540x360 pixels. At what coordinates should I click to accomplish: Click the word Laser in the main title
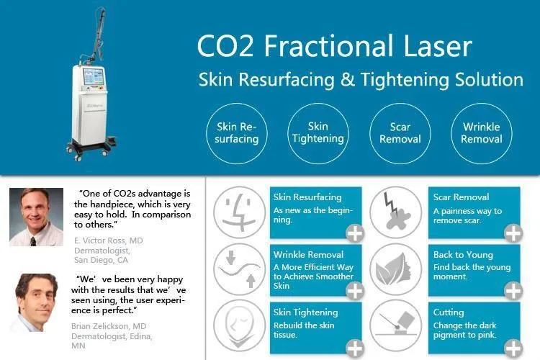tap(437, 45)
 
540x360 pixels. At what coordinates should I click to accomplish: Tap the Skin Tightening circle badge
tap(318, 133)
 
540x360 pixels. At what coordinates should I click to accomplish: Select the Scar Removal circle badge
tap(400, 133)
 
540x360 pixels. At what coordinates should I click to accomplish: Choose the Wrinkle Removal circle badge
tap(482, 133)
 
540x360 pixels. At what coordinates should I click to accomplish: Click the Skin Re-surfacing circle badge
tap(237, 133)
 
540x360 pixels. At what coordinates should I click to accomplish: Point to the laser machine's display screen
tap(94, 77)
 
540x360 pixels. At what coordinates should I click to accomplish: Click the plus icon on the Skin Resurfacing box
tap(355, 233)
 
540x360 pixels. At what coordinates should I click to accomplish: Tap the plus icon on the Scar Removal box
tap(513, 233)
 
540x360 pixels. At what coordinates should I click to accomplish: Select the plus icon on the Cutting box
tap(513, 348)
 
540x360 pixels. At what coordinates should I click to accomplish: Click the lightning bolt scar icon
tap(396, 212)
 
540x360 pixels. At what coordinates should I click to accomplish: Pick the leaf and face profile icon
tap(396, 269)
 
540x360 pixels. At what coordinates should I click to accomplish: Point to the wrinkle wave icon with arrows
tap(239, 269)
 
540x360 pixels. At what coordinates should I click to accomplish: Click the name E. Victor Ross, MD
tap(109, 240)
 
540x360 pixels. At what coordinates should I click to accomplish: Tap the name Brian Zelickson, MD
tap(109, 326)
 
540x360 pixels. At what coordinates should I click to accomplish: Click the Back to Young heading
tap(463, 255)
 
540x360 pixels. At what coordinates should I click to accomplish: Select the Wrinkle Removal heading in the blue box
tap(309, 255)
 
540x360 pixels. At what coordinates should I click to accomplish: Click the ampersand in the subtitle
tap(348, 80)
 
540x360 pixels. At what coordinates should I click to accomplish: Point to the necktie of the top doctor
tap(33, 241)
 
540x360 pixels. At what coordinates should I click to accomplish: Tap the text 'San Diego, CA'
tap(101, 260)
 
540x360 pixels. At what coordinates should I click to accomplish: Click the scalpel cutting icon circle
tap(396, 325)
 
